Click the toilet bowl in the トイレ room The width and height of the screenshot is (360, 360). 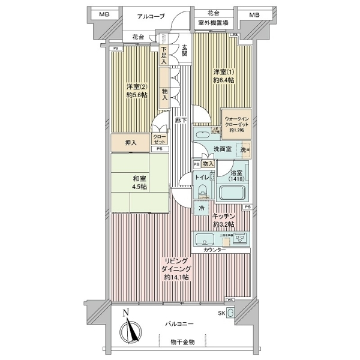202,190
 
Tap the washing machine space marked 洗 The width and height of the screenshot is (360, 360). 244,150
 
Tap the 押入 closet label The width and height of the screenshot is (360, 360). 131,143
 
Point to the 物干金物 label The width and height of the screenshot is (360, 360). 182,342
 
